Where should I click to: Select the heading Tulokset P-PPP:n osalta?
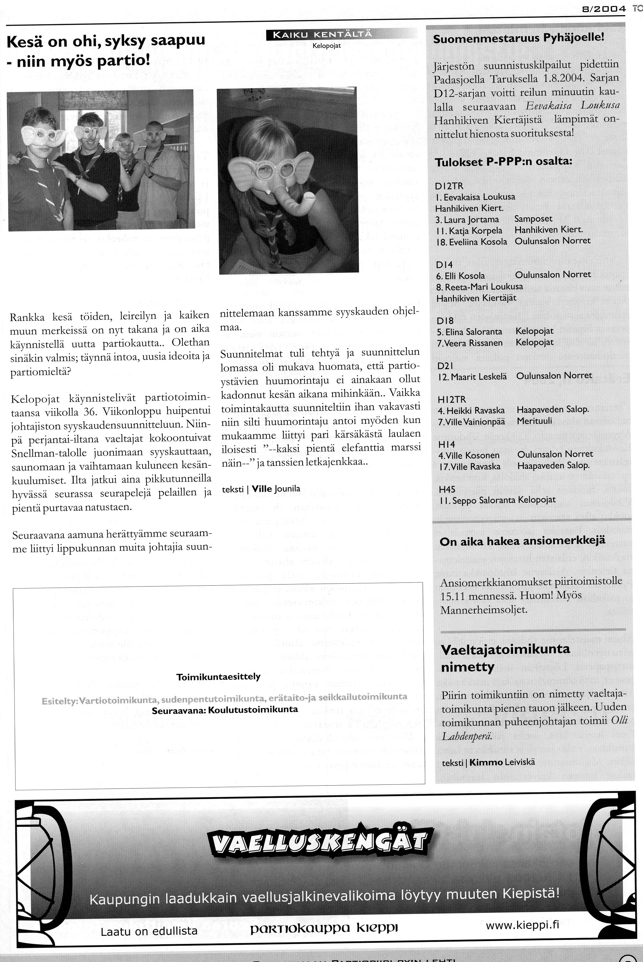pyautogui.click(x=503, y=162)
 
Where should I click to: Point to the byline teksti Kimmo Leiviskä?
pyautogui.click(x=488, y=762)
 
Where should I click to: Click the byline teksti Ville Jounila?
pyautogui.click(x=261, y=489)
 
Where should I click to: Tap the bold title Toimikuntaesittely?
pyautogui.click(x=218, y=676)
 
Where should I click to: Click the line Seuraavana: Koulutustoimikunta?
pyautogui.click(x=225, y=710)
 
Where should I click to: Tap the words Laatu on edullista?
pyautogui.click(x=149, y=920)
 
